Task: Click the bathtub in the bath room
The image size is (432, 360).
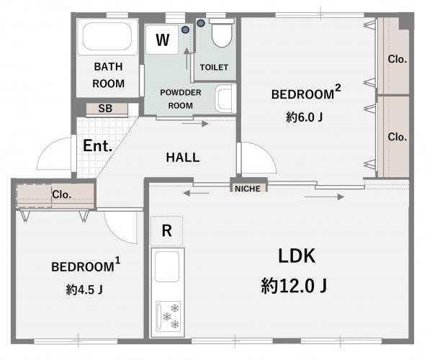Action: (107, 36)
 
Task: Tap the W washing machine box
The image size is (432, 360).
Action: (162, 40)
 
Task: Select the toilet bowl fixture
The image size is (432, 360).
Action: (222, 33)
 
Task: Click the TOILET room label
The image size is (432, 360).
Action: (214, 67)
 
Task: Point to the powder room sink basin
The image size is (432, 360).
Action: (225, 99)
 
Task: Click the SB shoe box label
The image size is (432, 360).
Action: (105, 109)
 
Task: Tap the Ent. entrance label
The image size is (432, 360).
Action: (98, 145)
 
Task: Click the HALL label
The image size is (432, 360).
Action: (183, 157)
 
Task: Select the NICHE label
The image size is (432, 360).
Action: (248, 189)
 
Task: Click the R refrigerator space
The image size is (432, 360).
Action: (167, 231)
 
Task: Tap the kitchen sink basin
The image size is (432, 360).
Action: (167, 266)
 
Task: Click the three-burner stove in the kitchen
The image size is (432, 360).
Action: (168, 316)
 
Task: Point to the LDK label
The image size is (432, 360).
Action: (297, 256)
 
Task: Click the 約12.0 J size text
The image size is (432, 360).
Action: (294, 286)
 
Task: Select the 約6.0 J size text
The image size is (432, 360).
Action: (304, 117)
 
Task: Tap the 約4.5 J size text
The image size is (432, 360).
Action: (84, 289)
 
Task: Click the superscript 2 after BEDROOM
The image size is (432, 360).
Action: (338, 88)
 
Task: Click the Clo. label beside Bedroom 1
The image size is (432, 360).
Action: (62, 194)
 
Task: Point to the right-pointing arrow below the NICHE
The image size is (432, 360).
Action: (324, 197)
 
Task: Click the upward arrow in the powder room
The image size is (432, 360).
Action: (186, 58)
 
